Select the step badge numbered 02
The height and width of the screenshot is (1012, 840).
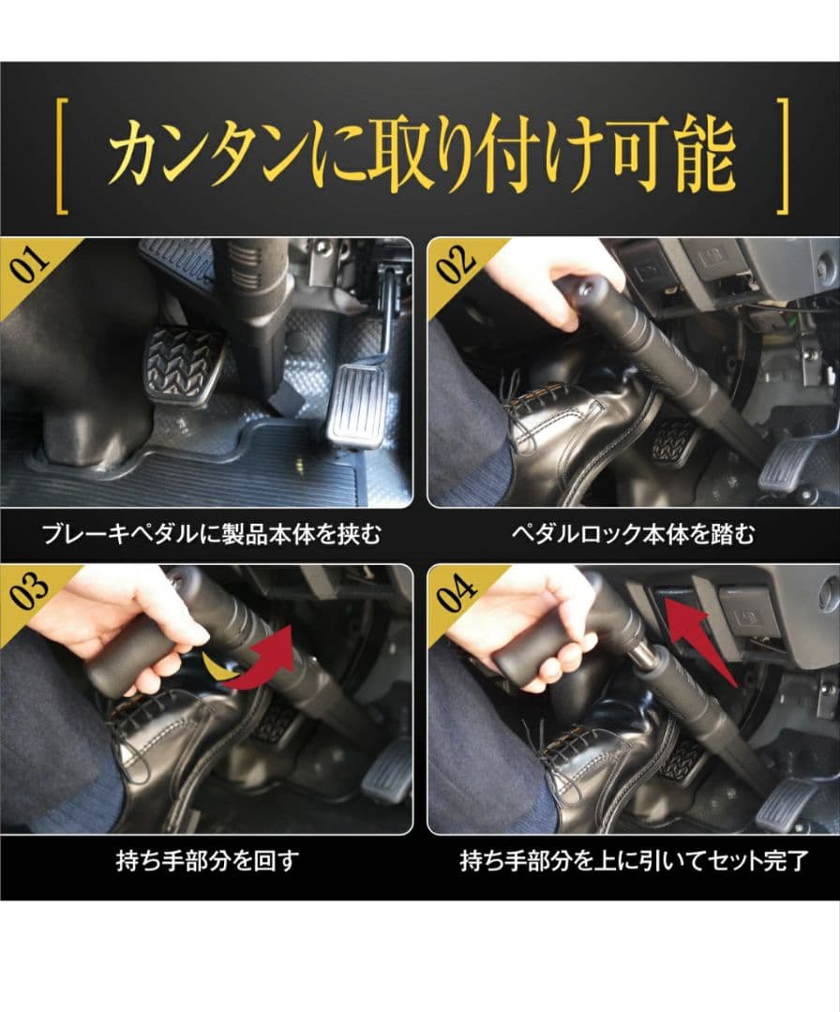[457, 265]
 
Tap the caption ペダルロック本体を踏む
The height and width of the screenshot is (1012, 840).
[633, 535]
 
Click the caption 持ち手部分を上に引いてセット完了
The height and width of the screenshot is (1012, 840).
[633, 860]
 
